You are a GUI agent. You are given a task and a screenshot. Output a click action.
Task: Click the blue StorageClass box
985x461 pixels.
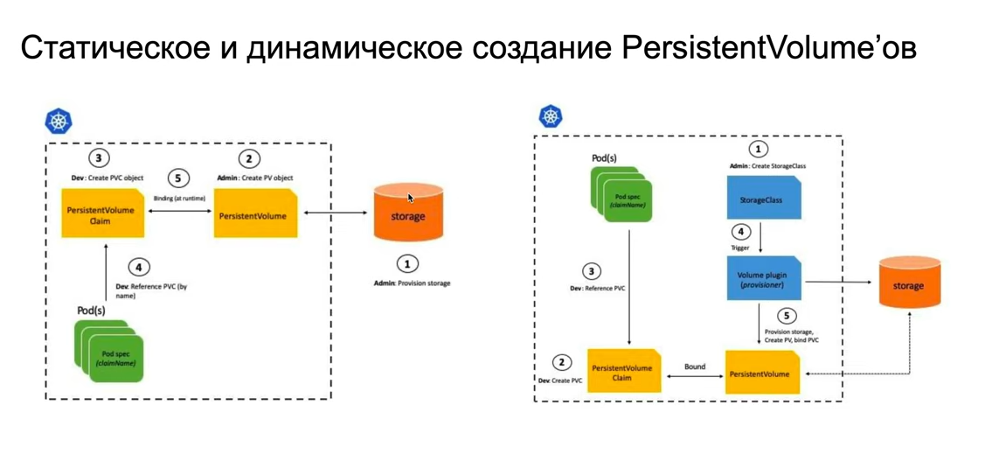tap(763, 199)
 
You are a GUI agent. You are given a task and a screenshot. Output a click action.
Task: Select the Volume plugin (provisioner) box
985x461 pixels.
tap(763, 280)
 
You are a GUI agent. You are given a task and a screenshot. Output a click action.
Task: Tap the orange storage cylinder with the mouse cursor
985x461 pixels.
tap(407, 213)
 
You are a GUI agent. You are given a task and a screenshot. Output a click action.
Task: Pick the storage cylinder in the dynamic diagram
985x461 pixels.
tap(909, 283)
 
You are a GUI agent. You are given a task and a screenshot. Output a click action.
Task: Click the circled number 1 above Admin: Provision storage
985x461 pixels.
tap(406, 263)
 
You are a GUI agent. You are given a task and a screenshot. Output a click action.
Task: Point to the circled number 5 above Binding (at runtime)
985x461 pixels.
tap(178, 178)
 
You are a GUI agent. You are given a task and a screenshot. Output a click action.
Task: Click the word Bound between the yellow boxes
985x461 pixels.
tap(695, 367)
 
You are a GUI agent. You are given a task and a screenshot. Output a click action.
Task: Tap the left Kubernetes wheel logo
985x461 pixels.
tap(59, 121)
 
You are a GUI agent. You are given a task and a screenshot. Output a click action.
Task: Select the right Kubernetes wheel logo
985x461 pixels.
tap(551, 116)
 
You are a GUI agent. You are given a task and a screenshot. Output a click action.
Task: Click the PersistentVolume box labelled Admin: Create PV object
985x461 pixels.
tap(255, 215)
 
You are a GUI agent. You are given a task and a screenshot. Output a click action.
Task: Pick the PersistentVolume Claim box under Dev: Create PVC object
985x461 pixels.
tap(101, 215)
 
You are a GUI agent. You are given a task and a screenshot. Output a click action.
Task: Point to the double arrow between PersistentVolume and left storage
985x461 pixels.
tap(336, 213)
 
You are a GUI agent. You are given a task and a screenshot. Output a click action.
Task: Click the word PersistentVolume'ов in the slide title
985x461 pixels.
tap(769, 48)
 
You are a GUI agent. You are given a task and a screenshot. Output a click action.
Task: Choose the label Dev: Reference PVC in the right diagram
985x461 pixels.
tap(598, 288)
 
